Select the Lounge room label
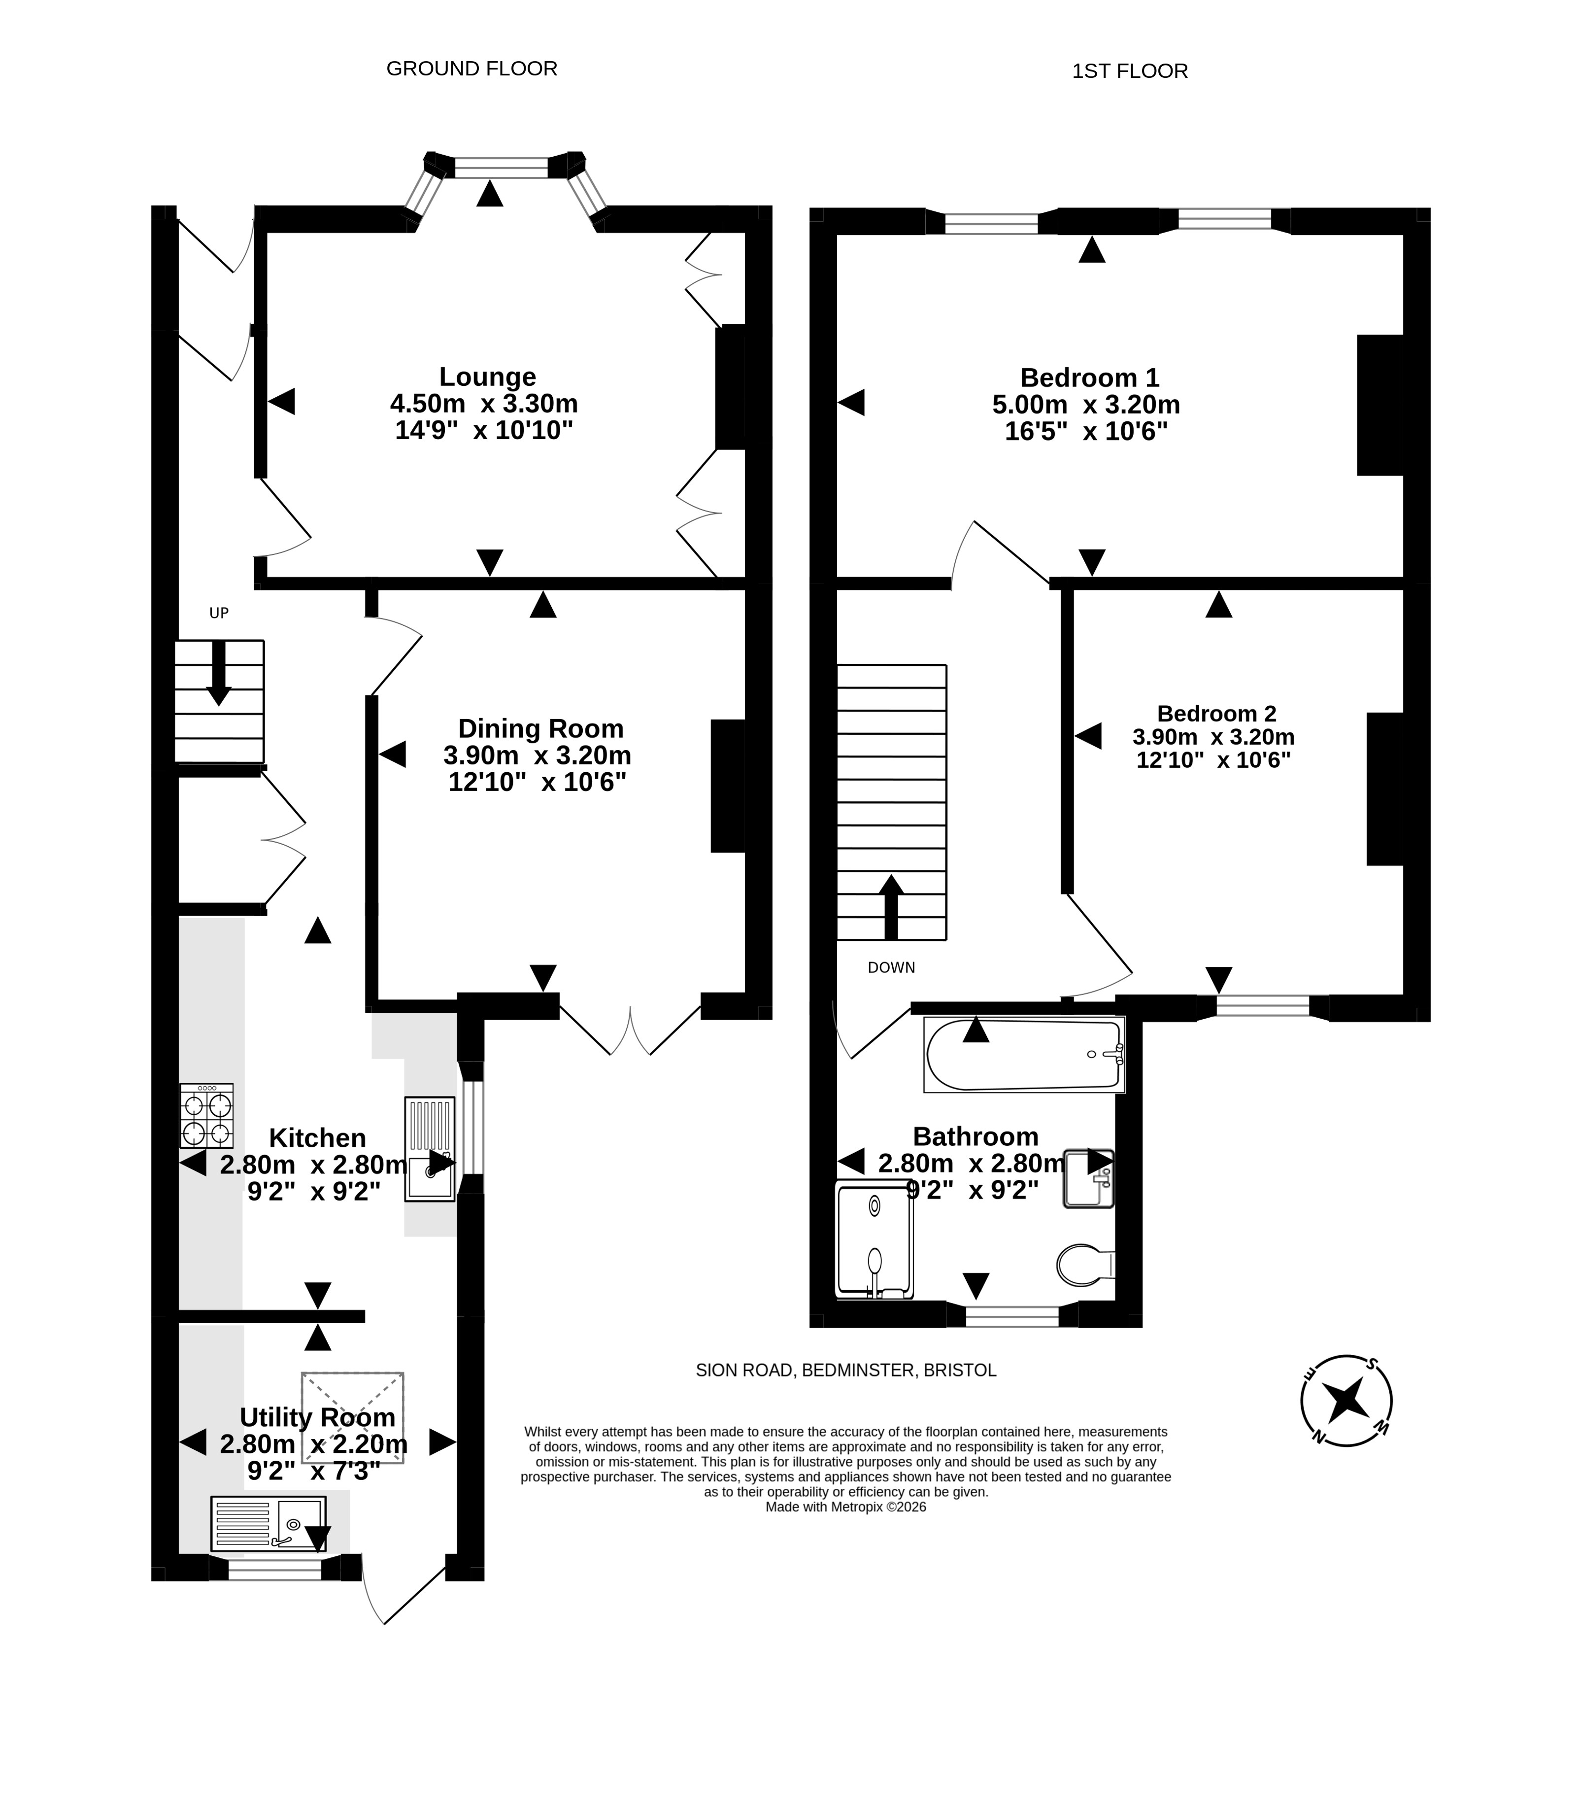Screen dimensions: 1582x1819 [487, 377]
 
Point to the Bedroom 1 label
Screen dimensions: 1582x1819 [1089, 378]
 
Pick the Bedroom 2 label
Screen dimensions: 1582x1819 [1216, 714]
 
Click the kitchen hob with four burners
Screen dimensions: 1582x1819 [206, 1115]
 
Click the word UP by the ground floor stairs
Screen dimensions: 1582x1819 [219, 613]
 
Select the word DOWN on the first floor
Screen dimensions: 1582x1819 [891, 968]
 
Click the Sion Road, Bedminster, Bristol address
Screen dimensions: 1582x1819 [846, 1371]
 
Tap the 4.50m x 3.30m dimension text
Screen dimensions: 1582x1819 [484, 404]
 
